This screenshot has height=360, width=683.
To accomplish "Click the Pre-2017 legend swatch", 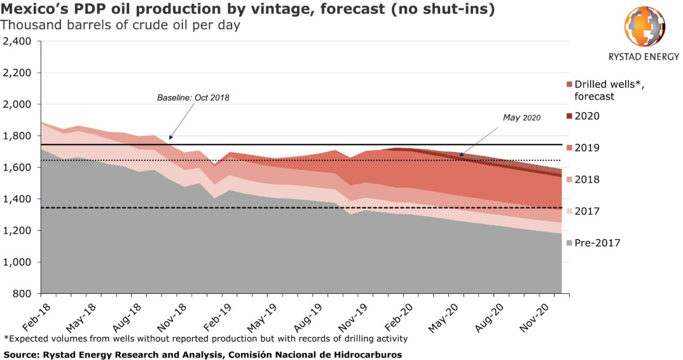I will point(569,243).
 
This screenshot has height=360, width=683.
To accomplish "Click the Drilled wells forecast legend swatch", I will point(569,85).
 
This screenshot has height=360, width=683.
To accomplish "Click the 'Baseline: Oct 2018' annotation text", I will point(193,98).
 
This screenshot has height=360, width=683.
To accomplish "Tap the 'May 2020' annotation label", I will point(521,118).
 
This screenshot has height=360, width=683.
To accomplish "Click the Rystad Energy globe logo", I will point(645,27).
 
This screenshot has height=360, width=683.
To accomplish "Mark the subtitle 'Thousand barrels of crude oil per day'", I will point(120,25).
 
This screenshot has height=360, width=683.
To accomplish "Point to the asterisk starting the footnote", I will point(6,338).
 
